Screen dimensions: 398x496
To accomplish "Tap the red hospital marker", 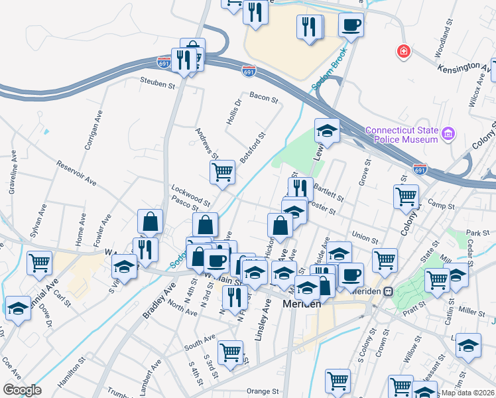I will point(403,51).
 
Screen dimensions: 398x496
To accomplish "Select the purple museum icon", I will point(449,135).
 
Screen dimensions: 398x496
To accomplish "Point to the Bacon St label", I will point(263,98).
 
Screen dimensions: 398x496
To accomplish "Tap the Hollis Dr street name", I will point(238,111).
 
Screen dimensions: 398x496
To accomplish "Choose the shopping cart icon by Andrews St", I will point(222,172).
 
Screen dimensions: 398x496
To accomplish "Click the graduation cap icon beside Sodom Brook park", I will point(327,131).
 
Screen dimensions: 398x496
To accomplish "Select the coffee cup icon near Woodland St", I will point(351,25).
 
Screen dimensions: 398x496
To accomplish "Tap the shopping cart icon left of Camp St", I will point(406,196).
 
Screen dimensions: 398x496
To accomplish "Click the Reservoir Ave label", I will point(76,173).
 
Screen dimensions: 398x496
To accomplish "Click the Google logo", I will point(21,389).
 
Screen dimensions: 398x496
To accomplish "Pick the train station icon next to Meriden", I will point(389,292).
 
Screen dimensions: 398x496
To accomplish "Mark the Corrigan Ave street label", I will point(92,132).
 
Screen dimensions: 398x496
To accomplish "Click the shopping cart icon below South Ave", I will point(230,352).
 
